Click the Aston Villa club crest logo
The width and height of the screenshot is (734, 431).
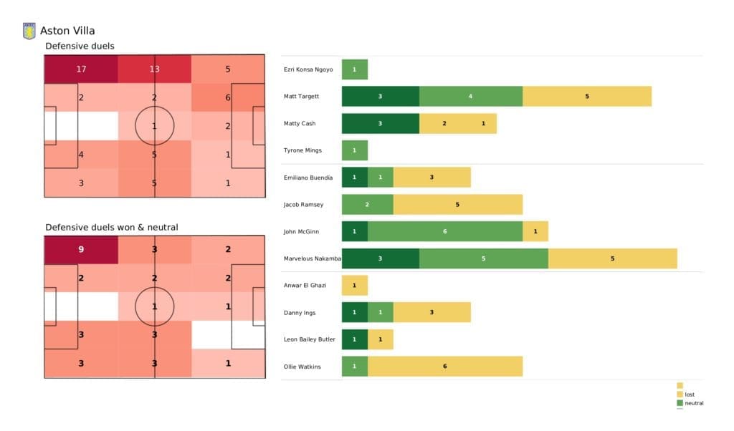click(x=29, y=31)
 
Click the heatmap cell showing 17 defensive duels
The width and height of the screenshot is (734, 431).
click(x=81, y=69)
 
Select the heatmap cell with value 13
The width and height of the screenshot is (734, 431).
click(x=155, y=69)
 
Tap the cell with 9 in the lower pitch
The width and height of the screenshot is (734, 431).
click(x=81, y=251)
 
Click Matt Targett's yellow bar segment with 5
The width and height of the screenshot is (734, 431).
click(x=586, y=96)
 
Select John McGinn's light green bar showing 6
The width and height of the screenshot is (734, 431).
click(x=444, y=231)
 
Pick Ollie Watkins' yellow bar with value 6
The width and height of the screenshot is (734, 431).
click(x=444, y=366)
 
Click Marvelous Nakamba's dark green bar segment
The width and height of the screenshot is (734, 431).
click(x=380, y=258)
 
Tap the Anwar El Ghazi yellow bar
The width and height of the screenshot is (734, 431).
click(x=354, y=285)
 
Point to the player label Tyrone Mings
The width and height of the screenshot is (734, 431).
click(x=303, y=150)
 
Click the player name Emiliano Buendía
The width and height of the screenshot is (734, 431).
click(x=308, y=178)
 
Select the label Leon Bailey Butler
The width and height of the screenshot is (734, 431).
click(x=308, y=339)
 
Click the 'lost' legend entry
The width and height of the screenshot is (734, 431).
click(x=689, y=394)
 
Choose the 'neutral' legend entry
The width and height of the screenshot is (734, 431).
click(x=693, y=403)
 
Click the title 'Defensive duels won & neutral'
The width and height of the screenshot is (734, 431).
click(x=112, y=227)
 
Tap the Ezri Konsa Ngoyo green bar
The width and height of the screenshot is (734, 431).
click(x=354, y=69)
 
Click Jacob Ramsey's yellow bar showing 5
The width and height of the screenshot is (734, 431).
click(x=457, y=204)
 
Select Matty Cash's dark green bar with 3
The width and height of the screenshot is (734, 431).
click(x=380, y=123)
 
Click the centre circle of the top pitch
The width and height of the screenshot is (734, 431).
click(x=155, y=125)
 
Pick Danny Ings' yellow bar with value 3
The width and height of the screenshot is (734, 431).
click(x=432, y=312)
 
